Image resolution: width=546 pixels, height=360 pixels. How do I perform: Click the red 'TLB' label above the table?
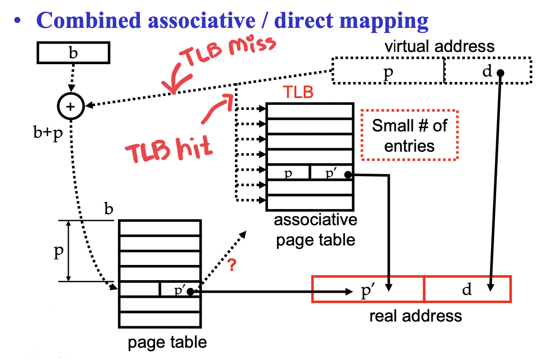tap(298, 92)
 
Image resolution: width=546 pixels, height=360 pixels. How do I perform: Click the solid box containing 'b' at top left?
tap(73, 53)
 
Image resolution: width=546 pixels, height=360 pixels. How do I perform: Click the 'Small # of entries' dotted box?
tap(409, 135)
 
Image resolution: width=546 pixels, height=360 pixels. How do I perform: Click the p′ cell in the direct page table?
tap(180, 290)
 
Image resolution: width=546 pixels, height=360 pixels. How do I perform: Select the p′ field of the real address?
tap(368, 290)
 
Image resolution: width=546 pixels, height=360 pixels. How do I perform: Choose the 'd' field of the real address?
tap(467, 290)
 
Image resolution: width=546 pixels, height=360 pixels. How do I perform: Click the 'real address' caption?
tap(415, 316)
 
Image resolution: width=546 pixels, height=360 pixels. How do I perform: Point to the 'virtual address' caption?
tap(440, 46)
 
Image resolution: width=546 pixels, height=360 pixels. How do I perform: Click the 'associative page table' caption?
tap(315, 230)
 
